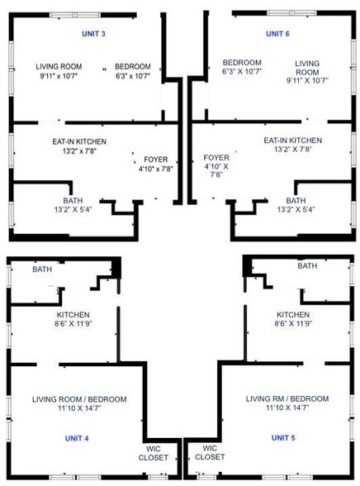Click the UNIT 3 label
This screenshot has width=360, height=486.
92,33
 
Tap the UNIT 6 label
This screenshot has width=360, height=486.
277,33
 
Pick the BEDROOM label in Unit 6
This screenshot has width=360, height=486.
242,63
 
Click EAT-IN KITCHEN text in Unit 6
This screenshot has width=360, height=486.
293,141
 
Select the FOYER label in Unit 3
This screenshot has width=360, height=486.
156,159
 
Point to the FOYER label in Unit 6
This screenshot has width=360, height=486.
216,157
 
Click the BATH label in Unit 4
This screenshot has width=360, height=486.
42,269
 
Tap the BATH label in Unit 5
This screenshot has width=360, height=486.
307,266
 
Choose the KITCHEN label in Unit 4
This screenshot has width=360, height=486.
73,315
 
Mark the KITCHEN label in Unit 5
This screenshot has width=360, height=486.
293,315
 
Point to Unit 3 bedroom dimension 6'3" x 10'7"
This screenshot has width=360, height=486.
132,76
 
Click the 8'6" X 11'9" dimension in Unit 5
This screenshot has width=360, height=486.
293,324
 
